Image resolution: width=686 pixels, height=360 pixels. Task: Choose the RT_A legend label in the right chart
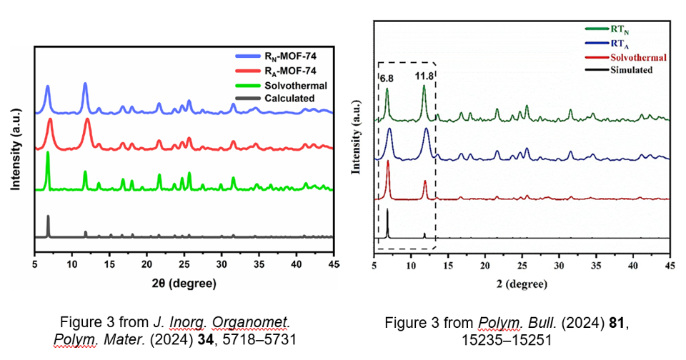coord(620,44)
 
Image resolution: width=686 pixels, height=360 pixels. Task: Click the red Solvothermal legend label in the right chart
coord(638,57)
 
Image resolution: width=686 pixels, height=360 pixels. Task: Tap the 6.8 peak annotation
coord(387,76)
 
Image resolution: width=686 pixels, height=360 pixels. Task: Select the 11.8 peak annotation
coord(424,76)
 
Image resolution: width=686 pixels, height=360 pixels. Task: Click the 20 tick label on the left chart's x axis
coord(147,266)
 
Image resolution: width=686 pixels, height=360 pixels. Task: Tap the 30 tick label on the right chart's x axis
coord(559,266)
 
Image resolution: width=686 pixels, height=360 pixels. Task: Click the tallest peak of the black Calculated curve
coord(48,216)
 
